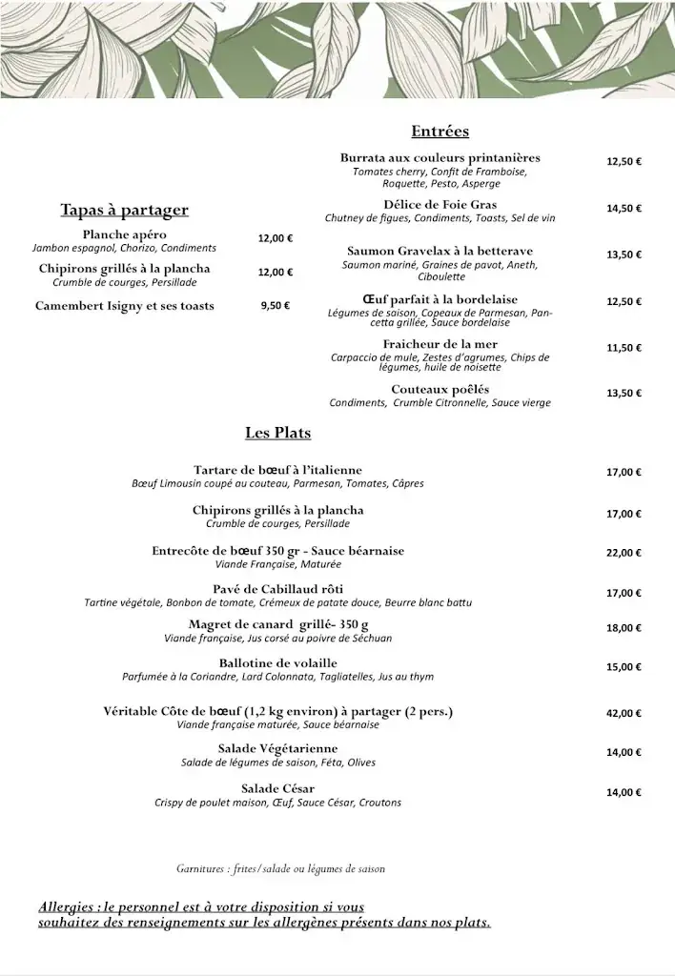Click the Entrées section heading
pyautogui.click(x=440, y=132)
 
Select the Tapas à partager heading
pyautogui.click(x=124, y=210)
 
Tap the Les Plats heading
pyautogui.click(x=277, y=433)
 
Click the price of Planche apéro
pyautogui.click(x=276, y=239)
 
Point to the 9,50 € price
pyautogui.click(x=275, y=306)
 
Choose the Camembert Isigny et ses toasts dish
pyautogui.click(x=124, y=306)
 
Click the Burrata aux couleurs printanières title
pyautogui.click(x=440, y=157)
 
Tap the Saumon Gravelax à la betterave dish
pyautogui.click(x=440, y=251)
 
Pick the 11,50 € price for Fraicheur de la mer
pyautogui.click(x=624, y=348)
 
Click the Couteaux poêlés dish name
pyautogui.click(x=440, y=389)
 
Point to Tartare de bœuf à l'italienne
pyautogui.click(x=277, y=470)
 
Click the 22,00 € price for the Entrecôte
pyautogui.click(x=624, y=553)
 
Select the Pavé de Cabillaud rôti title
pyautogui.click(x=277, y=588)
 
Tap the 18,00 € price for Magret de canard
pyautogui.click(x=624, y=628)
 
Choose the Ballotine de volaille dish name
pyautogui.click(x=277, y=662)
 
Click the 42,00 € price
pyautogui.click(x=624, y=713)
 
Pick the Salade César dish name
pyautogui.click(x=277, y=788)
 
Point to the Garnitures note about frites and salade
pyautogui.click(x=280, y=868)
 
